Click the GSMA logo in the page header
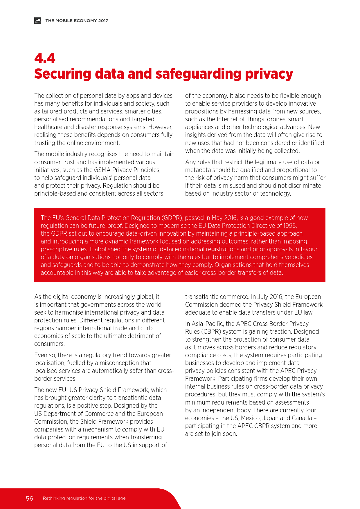tap(37, 21)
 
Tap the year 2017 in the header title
tap(103, 21)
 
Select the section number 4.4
tap(45, 58)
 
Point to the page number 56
tap(29, 498)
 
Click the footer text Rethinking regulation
tap(65, 498)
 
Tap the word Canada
tap(302, 418)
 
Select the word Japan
tap(270, 418)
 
